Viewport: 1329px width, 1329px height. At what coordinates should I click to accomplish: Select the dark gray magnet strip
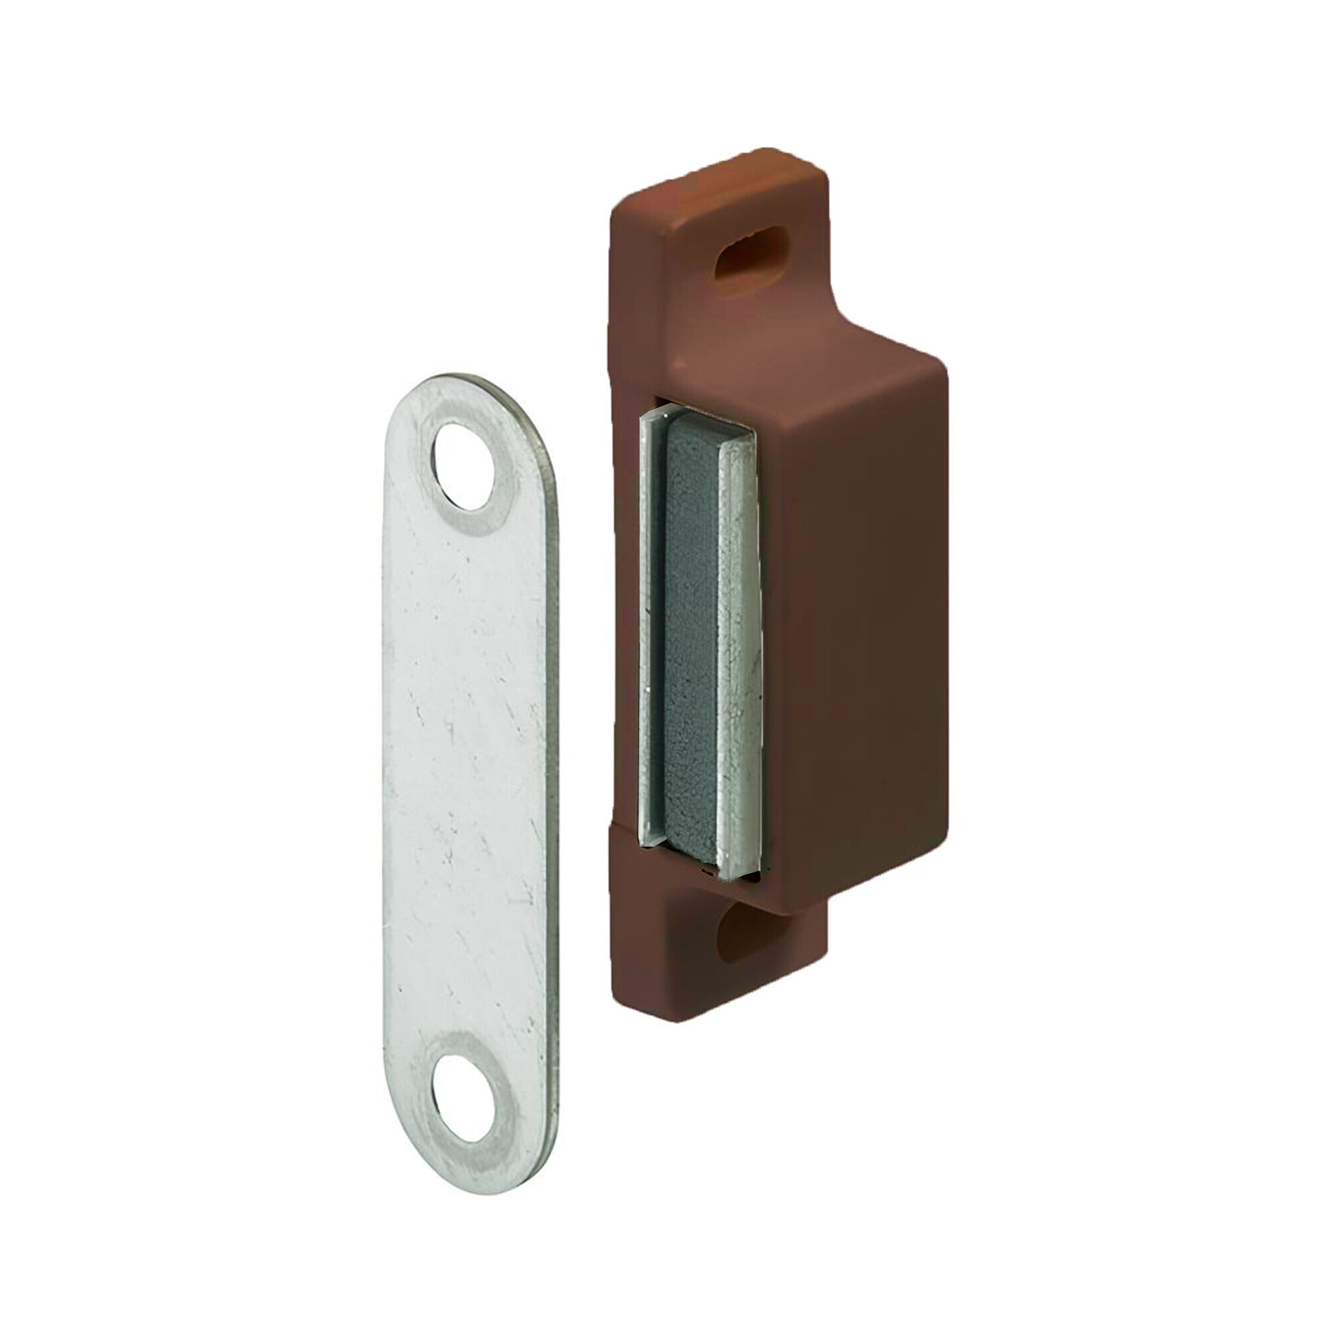coord(690,640)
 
